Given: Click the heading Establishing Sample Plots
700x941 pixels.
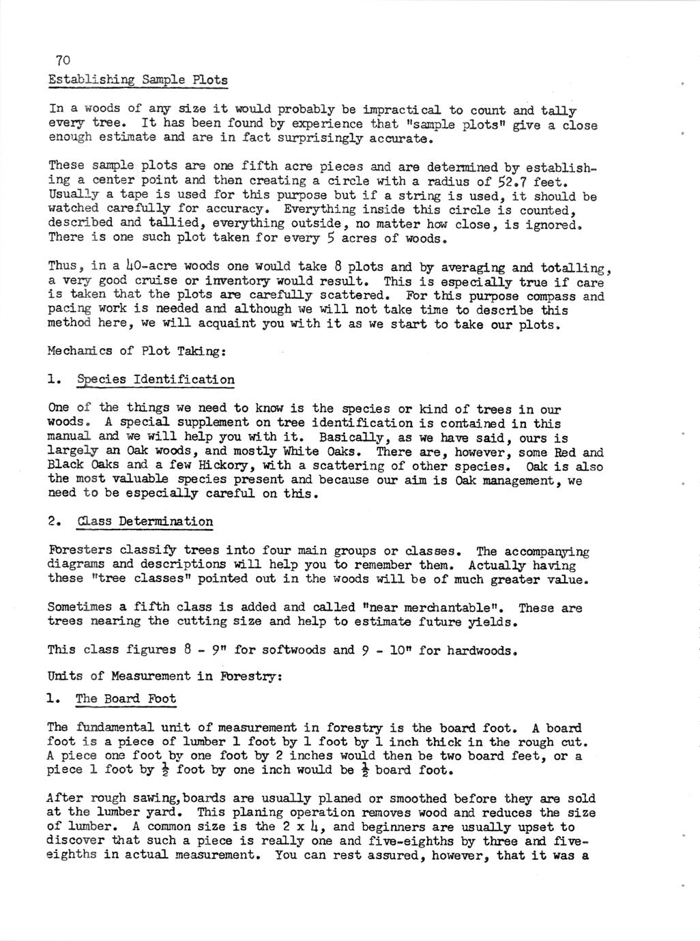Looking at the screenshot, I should click(x=138, y=80).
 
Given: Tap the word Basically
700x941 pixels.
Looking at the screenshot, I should click(x=350, y=438).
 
